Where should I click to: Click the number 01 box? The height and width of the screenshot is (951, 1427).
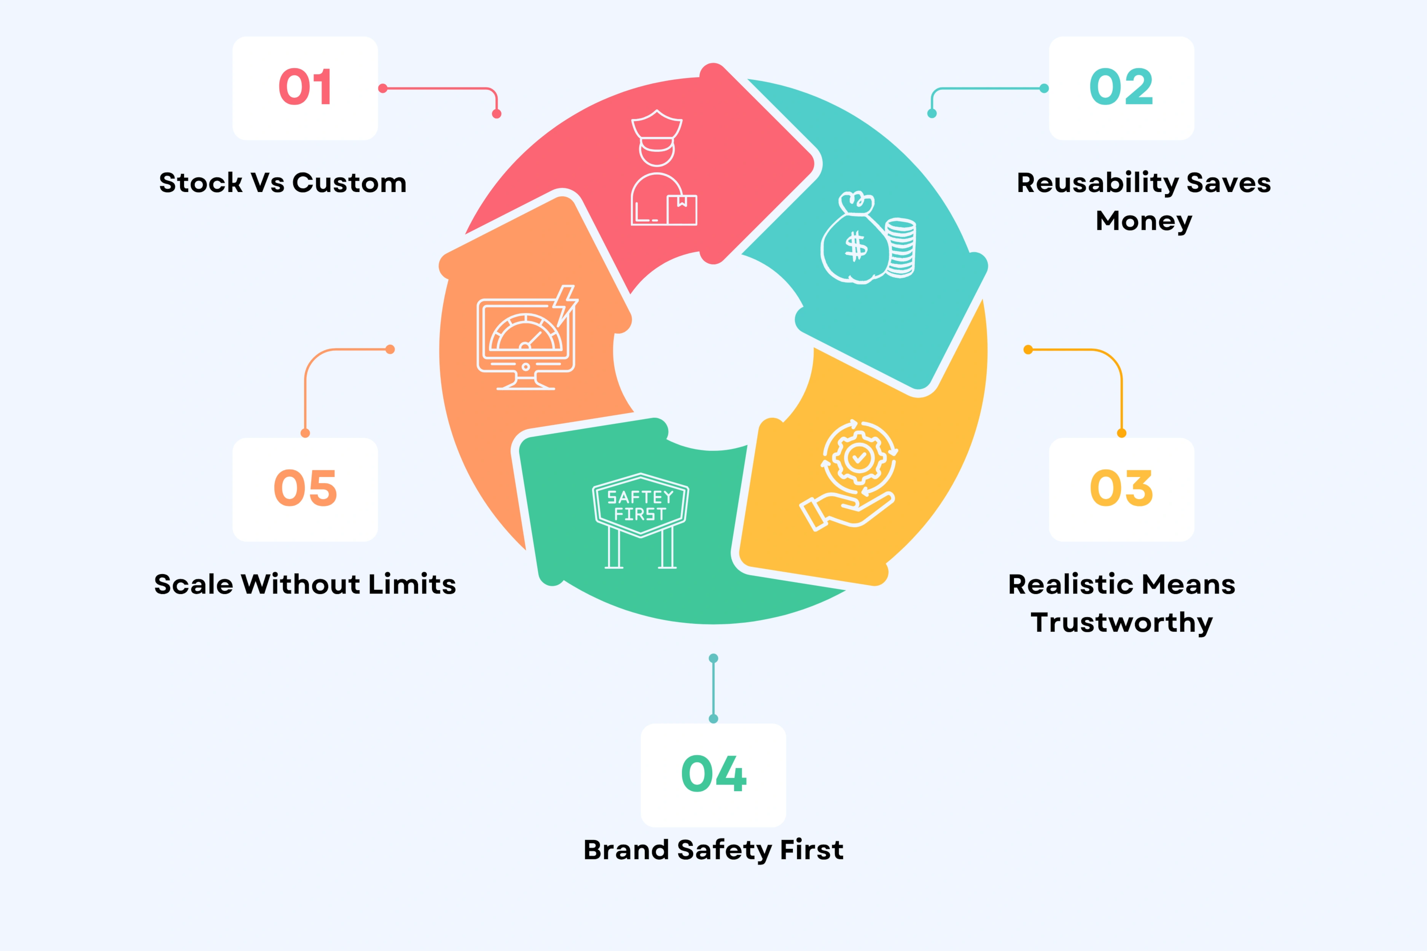(305, 88)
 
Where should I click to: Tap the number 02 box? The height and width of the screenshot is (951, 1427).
(1121, 88)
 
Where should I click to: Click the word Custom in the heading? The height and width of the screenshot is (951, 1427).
(349, 183)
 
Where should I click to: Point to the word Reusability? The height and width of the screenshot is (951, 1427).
(1097, 183)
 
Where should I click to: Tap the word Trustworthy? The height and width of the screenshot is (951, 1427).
(1121, 622)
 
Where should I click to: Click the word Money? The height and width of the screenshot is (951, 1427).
(1144, 221)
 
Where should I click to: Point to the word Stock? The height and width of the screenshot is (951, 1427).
(200, 183)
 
